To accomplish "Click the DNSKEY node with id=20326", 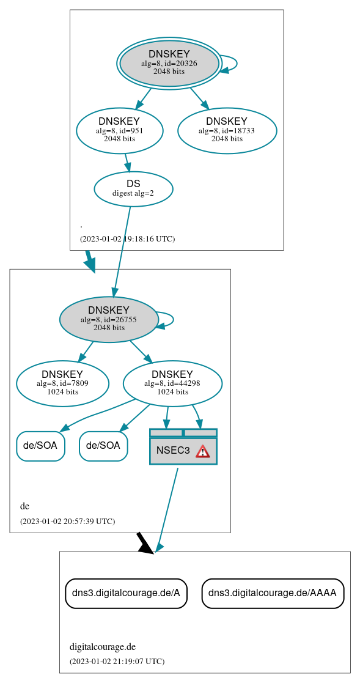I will coord(169,63).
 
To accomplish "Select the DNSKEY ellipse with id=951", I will coord(119,130).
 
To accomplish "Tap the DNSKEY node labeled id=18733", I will coord(227,130).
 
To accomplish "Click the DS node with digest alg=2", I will coord(133,189).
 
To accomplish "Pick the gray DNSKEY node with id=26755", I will coord(109,319).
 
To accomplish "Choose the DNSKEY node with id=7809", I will coord(62,383).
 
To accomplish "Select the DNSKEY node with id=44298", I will coord(172,383).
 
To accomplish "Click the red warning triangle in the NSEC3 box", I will coord(202,451).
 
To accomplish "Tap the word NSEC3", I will coord(173,451).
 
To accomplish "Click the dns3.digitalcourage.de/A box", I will coord(126,593).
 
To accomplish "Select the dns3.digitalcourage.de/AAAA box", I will coord(273,593).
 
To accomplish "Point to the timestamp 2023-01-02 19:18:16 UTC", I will coord(127,238).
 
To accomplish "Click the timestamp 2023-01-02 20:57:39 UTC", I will coord(67,522).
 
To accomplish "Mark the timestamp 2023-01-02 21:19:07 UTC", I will coord(117,662).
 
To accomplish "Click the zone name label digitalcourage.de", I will coord(102,647).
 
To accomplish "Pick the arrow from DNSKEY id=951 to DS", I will coord(127,163).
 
